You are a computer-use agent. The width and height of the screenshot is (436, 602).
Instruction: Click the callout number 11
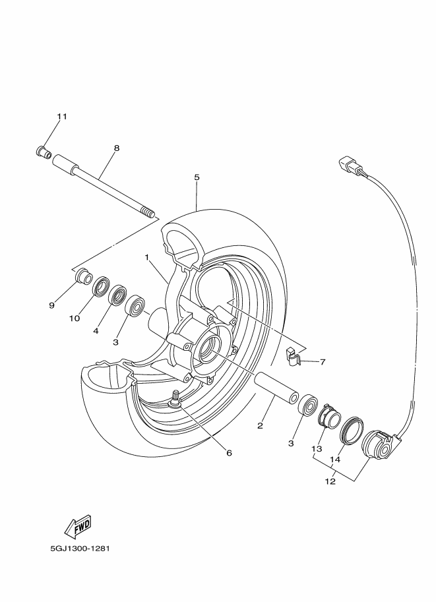62,117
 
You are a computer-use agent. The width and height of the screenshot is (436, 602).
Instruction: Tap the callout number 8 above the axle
117,148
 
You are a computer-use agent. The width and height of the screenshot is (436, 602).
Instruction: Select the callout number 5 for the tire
197,177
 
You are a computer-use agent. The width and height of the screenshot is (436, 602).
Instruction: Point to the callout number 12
330,481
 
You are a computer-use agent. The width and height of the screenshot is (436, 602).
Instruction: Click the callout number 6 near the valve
229,452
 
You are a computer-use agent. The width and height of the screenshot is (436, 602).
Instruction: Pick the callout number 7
323,361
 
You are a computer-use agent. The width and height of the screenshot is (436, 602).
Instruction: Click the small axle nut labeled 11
44,152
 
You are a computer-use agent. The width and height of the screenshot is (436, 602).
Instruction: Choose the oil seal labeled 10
101,286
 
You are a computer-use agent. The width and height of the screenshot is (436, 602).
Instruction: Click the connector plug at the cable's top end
347,164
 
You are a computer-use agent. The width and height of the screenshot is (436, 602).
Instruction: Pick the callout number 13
317,448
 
